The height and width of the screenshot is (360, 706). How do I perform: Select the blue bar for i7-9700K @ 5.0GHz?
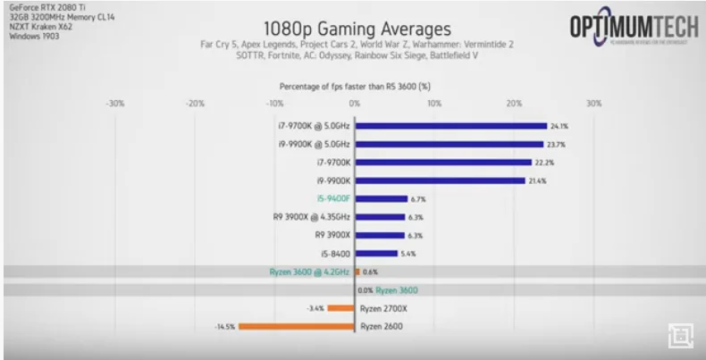pos(451,126)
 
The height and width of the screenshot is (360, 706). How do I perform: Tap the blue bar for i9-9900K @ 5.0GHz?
pos(450,144)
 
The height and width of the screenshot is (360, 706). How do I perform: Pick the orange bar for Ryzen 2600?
pos(297,326)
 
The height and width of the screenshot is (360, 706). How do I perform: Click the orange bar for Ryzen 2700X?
pos(340,308)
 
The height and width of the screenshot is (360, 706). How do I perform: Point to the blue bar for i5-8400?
pos(376,254)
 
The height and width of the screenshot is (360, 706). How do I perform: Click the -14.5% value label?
pos(224,326)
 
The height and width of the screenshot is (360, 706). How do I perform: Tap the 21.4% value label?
pos(537,180)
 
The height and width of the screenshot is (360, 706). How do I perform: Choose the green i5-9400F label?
pos(331,198)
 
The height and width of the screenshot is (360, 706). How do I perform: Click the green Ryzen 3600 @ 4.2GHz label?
pos(309,272)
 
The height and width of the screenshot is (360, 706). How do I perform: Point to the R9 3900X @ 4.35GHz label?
pos(312,217)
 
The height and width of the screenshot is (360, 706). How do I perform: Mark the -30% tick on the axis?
pos(114,104)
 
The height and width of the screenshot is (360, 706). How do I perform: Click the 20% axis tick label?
pos(514,104)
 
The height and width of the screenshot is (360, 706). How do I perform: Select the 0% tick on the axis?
pos(355,104)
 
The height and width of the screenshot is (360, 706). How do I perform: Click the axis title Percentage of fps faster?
pos(355,87)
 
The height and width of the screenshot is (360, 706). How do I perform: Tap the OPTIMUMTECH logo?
pos(634,29)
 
